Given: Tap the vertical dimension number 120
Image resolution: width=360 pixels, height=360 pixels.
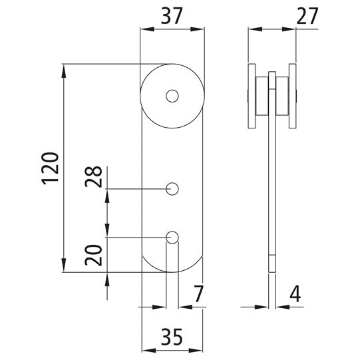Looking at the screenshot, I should click(x=50, y=167).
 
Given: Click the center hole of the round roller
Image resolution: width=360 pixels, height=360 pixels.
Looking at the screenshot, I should click(x=172, y=96).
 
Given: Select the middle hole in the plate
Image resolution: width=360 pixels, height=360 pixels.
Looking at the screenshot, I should click(x=172, y=189).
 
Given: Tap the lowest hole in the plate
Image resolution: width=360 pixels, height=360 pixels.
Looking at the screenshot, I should click(x=172, y=236).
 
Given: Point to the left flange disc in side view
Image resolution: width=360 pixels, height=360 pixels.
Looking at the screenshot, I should click(x=250, y=96).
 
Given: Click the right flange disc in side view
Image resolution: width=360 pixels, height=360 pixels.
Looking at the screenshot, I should click(x=293, y=96).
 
